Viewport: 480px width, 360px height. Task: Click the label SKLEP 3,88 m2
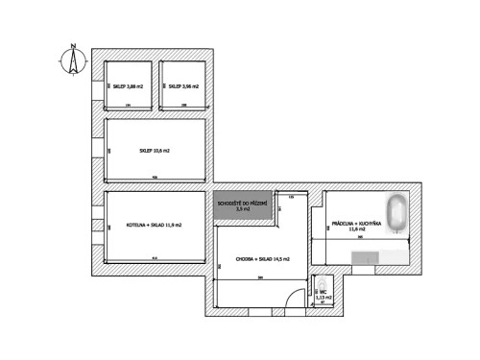tap(128, 86)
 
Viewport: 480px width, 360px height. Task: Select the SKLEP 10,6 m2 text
tap(155, 151)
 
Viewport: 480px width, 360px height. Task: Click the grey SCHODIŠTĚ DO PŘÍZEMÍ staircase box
tap(241, 206)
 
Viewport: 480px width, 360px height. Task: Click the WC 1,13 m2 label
tap(324, 294)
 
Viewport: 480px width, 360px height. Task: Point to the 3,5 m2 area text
tap(241, 209)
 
